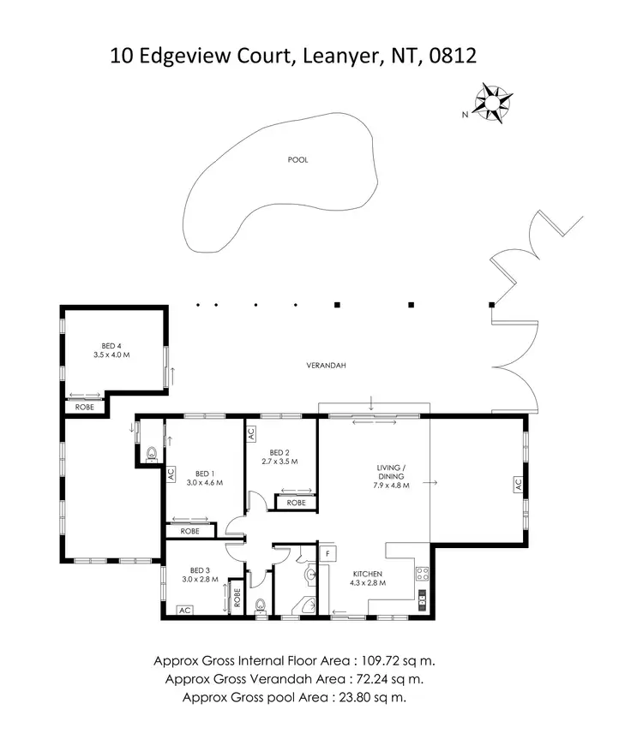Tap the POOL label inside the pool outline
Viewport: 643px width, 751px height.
click(x=297, y=159)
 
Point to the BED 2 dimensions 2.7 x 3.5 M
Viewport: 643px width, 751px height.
click(x=279, y=462)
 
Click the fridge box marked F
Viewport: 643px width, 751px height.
click(x=327, y=553)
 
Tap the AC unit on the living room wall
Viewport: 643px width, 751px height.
click(x=517, y=484)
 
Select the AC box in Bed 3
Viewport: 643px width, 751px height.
click(x=183, y=611)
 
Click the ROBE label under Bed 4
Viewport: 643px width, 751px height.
click(x=85, y=407)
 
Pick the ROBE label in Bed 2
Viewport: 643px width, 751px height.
click(x=296, y=503)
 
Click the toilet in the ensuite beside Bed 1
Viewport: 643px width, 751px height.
click(x=152, y=454)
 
